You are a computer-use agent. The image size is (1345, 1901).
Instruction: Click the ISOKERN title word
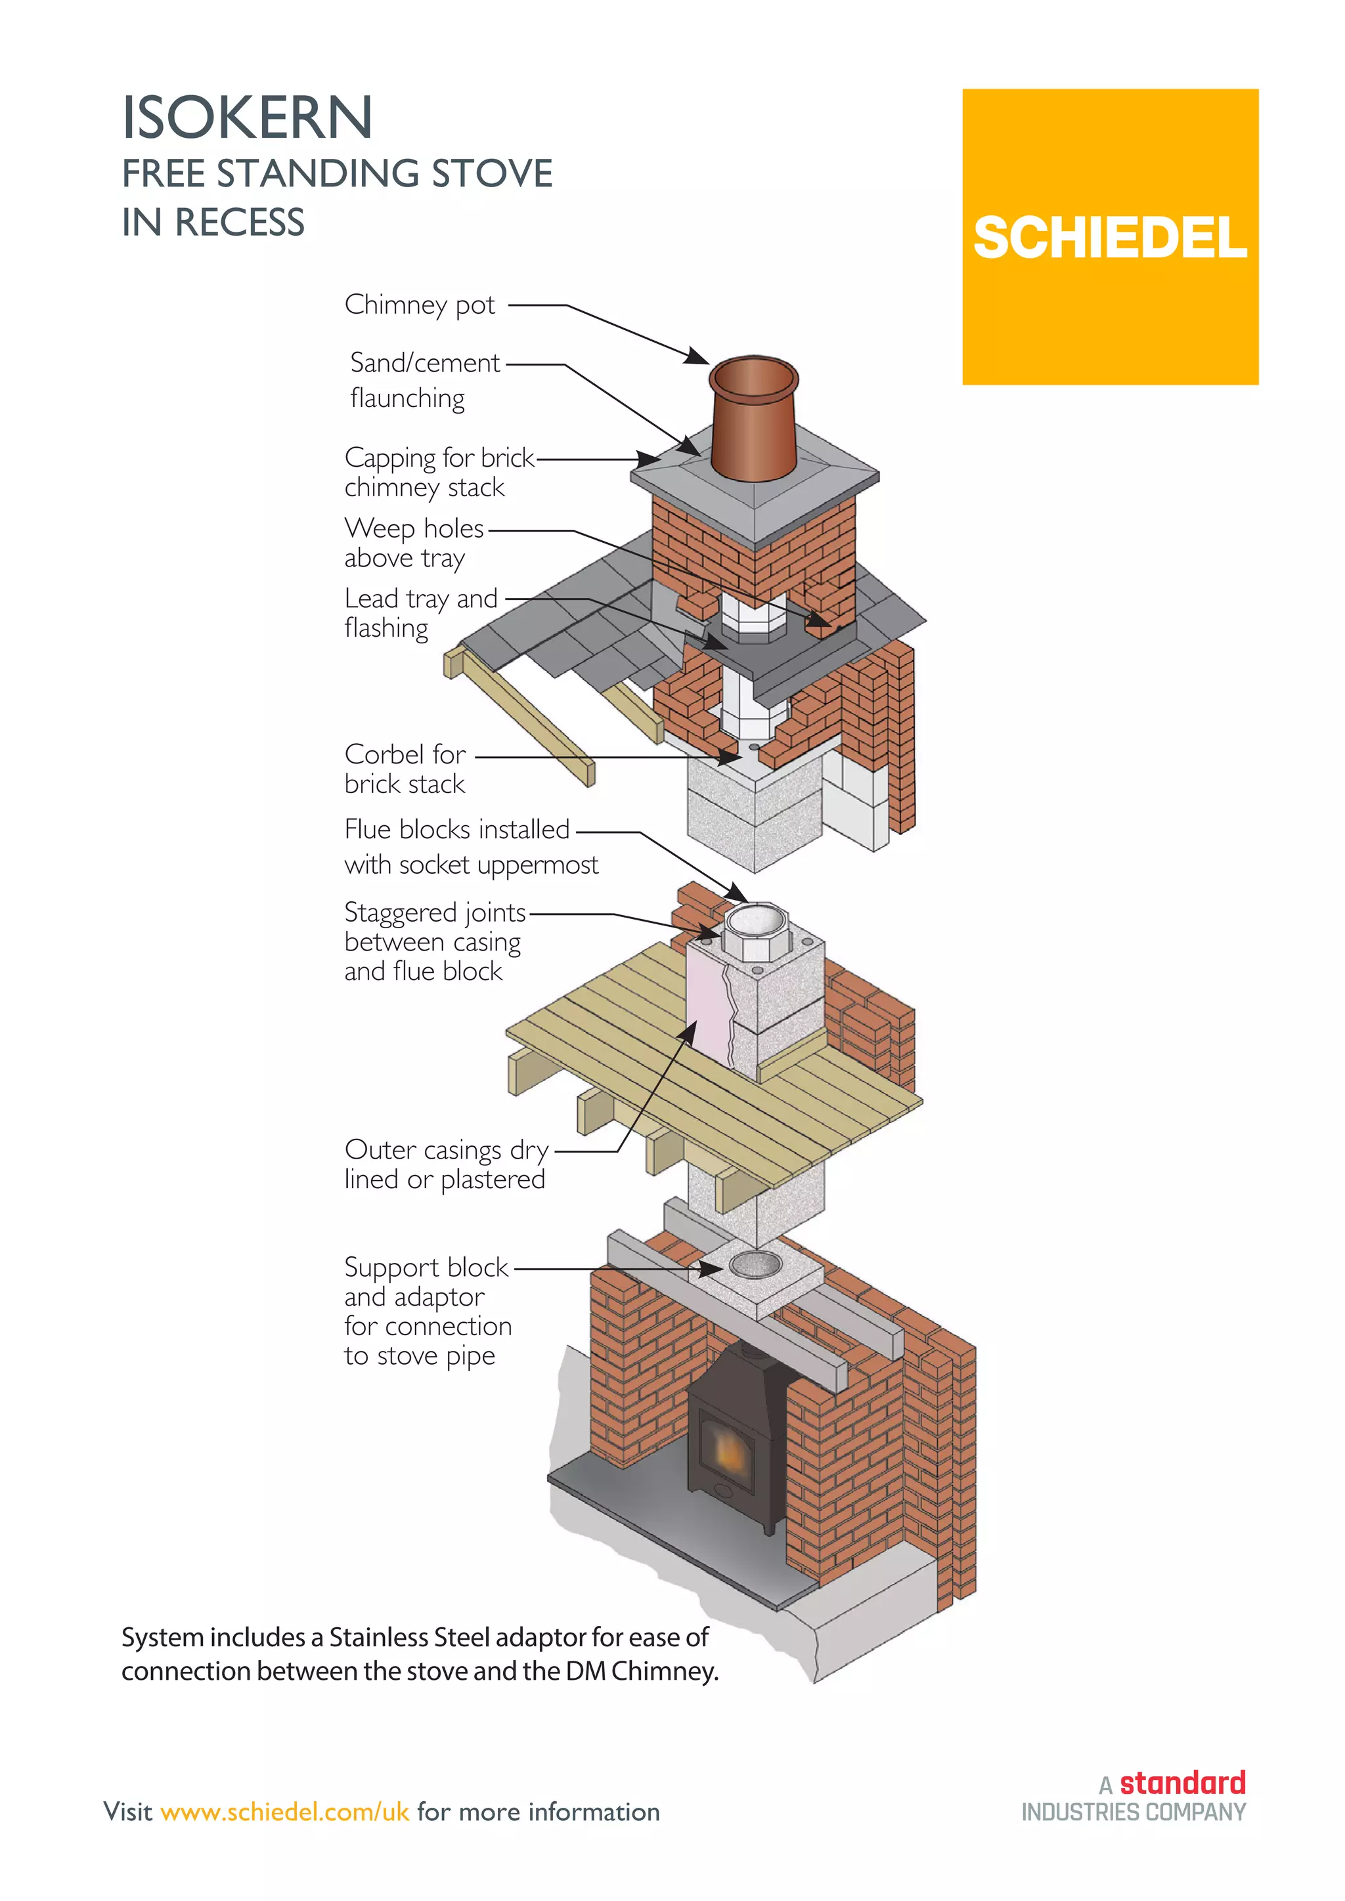247,118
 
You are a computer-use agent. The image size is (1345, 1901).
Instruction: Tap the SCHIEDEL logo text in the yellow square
1109,240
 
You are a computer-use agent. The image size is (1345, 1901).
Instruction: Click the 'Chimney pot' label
419,305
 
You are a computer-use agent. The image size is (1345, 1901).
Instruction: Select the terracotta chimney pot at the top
754,418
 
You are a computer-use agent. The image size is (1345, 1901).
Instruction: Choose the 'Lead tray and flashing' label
421,612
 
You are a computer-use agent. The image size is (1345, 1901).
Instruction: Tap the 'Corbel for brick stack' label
405,769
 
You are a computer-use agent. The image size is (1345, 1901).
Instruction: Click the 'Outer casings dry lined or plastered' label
445,1164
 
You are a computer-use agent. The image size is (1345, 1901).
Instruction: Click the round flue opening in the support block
755,1264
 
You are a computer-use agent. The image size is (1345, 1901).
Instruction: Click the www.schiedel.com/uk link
285,1812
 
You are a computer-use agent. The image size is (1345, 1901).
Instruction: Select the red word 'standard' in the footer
1182,1782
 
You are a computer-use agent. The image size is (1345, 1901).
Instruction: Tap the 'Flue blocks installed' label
457,829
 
